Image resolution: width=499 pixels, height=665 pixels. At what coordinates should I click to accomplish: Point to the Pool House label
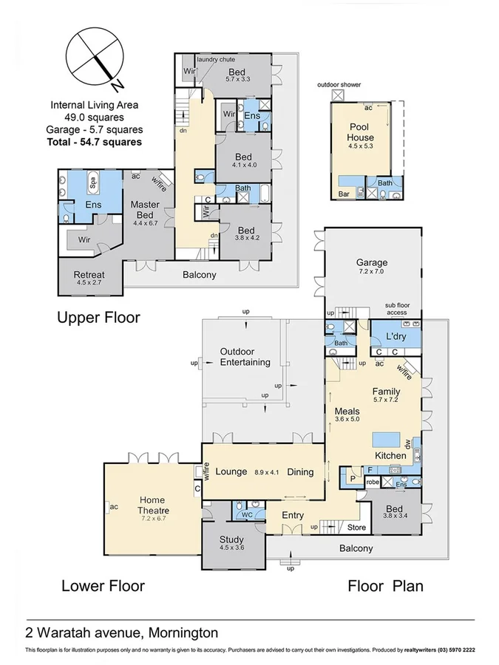pos(361,132)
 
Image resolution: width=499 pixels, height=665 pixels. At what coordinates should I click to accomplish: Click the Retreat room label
pos(89,275)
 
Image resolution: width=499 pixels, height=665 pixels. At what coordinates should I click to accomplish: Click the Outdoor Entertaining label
pos(245,357)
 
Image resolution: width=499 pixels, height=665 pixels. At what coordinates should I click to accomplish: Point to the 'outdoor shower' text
pos(339,85)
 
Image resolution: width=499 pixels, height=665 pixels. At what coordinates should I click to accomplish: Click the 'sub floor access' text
pos(401,308)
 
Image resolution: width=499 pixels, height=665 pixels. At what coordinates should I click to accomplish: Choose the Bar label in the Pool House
pos(344,194)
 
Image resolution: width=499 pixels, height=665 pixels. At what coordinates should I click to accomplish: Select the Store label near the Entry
pos(357,527)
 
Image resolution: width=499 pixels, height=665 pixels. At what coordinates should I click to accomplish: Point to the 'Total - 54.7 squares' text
pos(94,141)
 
